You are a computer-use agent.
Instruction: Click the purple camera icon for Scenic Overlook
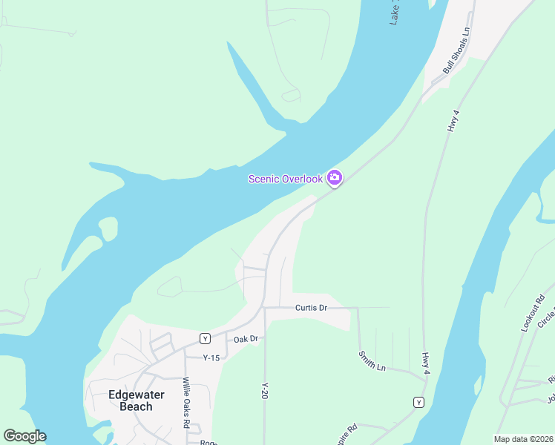[334, 177]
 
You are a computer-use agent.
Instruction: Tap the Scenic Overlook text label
[286, 179]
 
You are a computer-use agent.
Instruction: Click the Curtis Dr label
[311, 308]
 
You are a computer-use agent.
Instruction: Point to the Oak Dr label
[245, 339]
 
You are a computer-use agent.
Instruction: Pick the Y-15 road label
[212, 357]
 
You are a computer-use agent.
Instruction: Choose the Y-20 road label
[264, 391]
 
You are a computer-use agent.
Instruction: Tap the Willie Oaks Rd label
[187, 403]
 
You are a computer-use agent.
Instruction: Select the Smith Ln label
[372, 362]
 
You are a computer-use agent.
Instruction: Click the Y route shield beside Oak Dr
[205, 339]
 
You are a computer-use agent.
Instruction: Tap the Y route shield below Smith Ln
[418, 402]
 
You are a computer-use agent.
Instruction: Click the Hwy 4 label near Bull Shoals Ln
[454, 121]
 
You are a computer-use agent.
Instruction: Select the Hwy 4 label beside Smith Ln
[426, 363]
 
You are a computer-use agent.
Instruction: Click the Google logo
[24, 436]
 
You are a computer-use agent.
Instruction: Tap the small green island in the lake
[108, 228]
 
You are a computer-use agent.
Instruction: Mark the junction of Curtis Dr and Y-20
[265, 308]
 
